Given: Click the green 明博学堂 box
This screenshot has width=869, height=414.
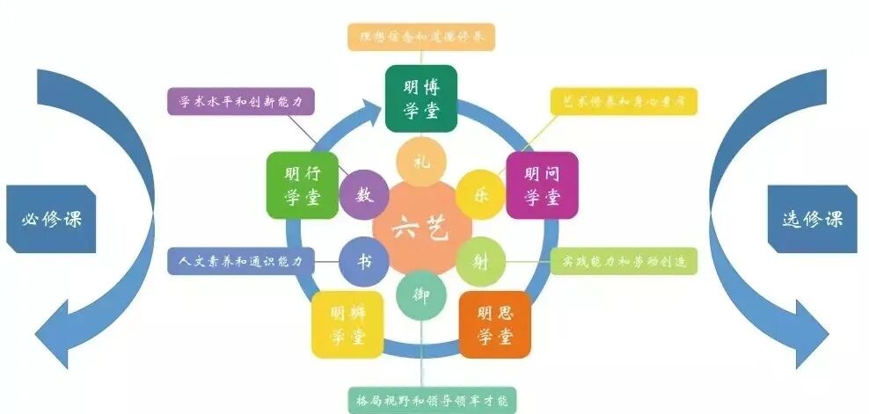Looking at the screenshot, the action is [x=420, y=98].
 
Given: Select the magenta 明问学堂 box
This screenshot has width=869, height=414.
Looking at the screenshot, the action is [x=542, y=185].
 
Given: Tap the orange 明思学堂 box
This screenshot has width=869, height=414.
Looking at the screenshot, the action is [x=495, y=324].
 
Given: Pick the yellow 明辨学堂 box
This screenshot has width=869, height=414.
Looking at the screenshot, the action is [x=347, y=324].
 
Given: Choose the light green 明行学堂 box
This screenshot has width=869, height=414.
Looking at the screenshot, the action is [x=302, y=185].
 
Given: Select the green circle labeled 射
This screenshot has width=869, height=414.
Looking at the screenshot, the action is [x=479, y=260].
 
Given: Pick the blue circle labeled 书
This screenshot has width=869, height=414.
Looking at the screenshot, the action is [x=362, y=261].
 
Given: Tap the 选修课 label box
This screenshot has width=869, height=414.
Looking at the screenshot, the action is [x=812, y=218].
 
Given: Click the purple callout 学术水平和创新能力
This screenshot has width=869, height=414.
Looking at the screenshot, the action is [x=239, y=102].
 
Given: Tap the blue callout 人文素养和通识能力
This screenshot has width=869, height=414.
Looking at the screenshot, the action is [x=239, y=261].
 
